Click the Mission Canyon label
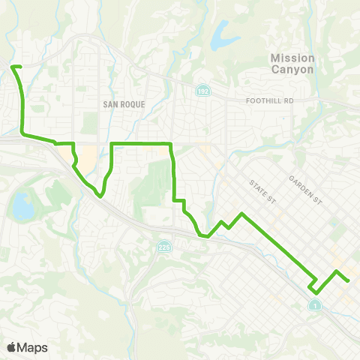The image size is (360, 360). click(x=292, y=63)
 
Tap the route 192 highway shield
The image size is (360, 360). click(x=202, y=91)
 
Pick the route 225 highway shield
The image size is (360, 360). click(x=164, y=246)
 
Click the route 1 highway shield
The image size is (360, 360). click(x=315, y=305)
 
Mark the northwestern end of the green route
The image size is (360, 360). click(x=13, y=67)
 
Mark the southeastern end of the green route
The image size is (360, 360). click(x=349, y=280)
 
